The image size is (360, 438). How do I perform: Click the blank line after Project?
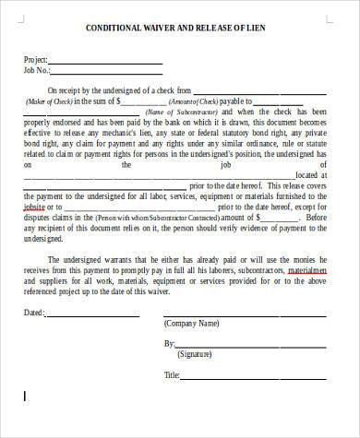(107, 63)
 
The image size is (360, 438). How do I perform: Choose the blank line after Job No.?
(106, 74)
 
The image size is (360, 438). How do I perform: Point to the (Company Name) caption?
(192, 325)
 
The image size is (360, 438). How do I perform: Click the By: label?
(169, 343)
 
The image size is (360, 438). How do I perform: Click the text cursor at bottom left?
(25, 397)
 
